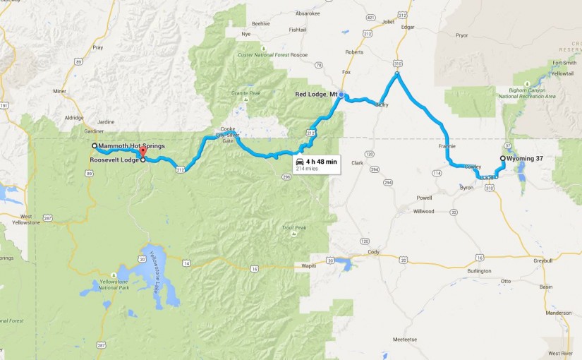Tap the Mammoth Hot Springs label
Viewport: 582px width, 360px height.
pyautogui.click(x=131, y=146)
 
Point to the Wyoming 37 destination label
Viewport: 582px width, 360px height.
pyautogui.click(x=525, y=159)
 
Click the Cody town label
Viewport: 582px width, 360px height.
pyautogui.click(x=373, y=251)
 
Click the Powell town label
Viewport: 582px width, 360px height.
pyautogui.click(x=424, y=198)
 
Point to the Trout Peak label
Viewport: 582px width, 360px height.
pyautogui.click(x=293, y=227)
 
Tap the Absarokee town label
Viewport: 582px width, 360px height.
pyautogui.click(x=308, y=12)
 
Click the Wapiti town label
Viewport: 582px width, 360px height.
pyautogui.click(x=310, y=267)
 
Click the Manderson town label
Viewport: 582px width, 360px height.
pyautogui.click(x=557, y=313)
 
